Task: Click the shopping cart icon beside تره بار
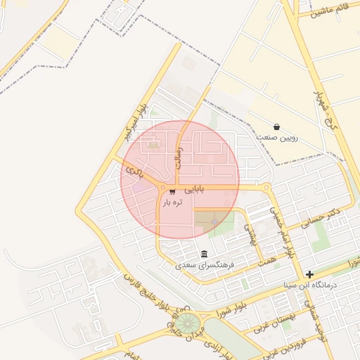coord(173,191)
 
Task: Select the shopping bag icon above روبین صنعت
coord(276,127)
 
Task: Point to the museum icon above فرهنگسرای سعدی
coord(204,254)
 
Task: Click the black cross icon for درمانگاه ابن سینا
coord(309,274)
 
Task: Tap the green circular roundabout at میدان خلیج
coord(187,323)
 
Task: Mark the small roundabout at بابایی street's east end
coord(266,188)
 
